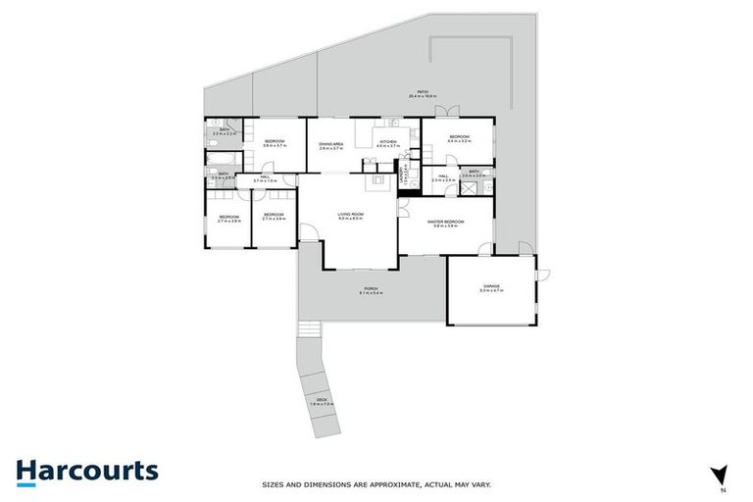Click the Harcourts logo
(x=86, y=471)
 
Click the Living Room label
(x=350, y=215)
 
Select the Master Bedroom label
(x=445, y=224)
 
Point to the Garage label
(x=490, y=288)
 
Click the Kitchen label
(x=388, y=144)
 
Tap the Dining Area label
(x=330, y=144)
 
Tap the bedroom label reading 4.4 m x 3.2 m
(x=460, y=138)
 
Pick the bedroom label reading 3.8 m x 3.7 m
(x=275, y=143)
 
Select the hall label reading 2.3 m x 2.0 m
(x=443, y=178)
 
